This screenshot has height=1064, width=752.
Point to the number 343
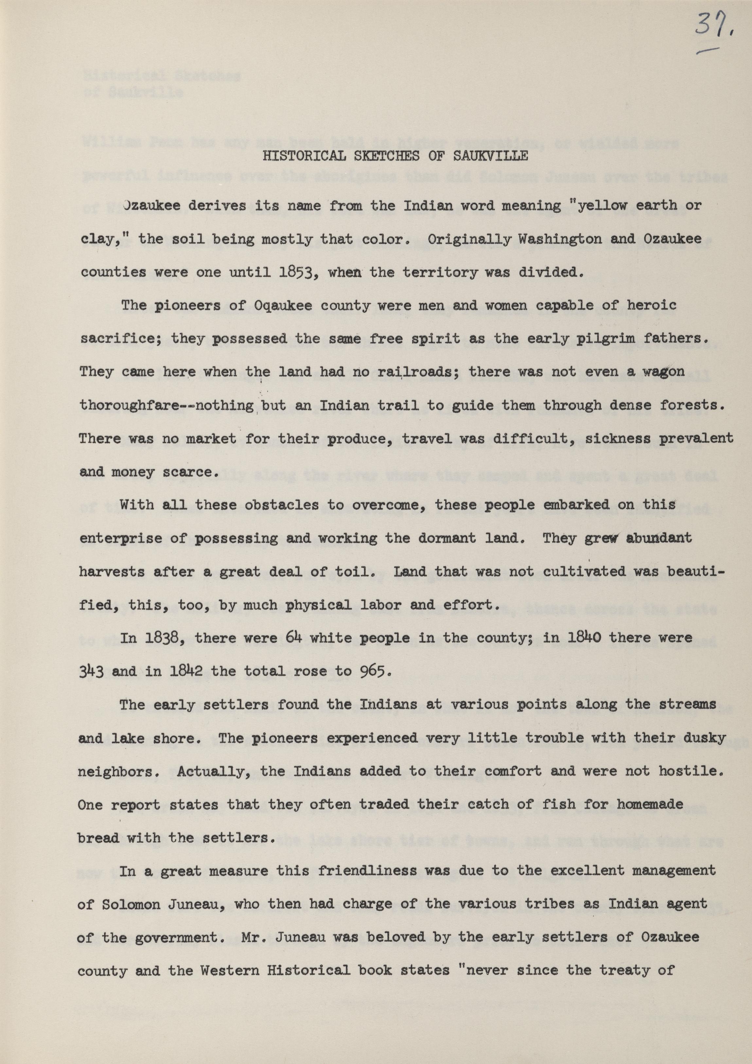click(91, 671)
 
